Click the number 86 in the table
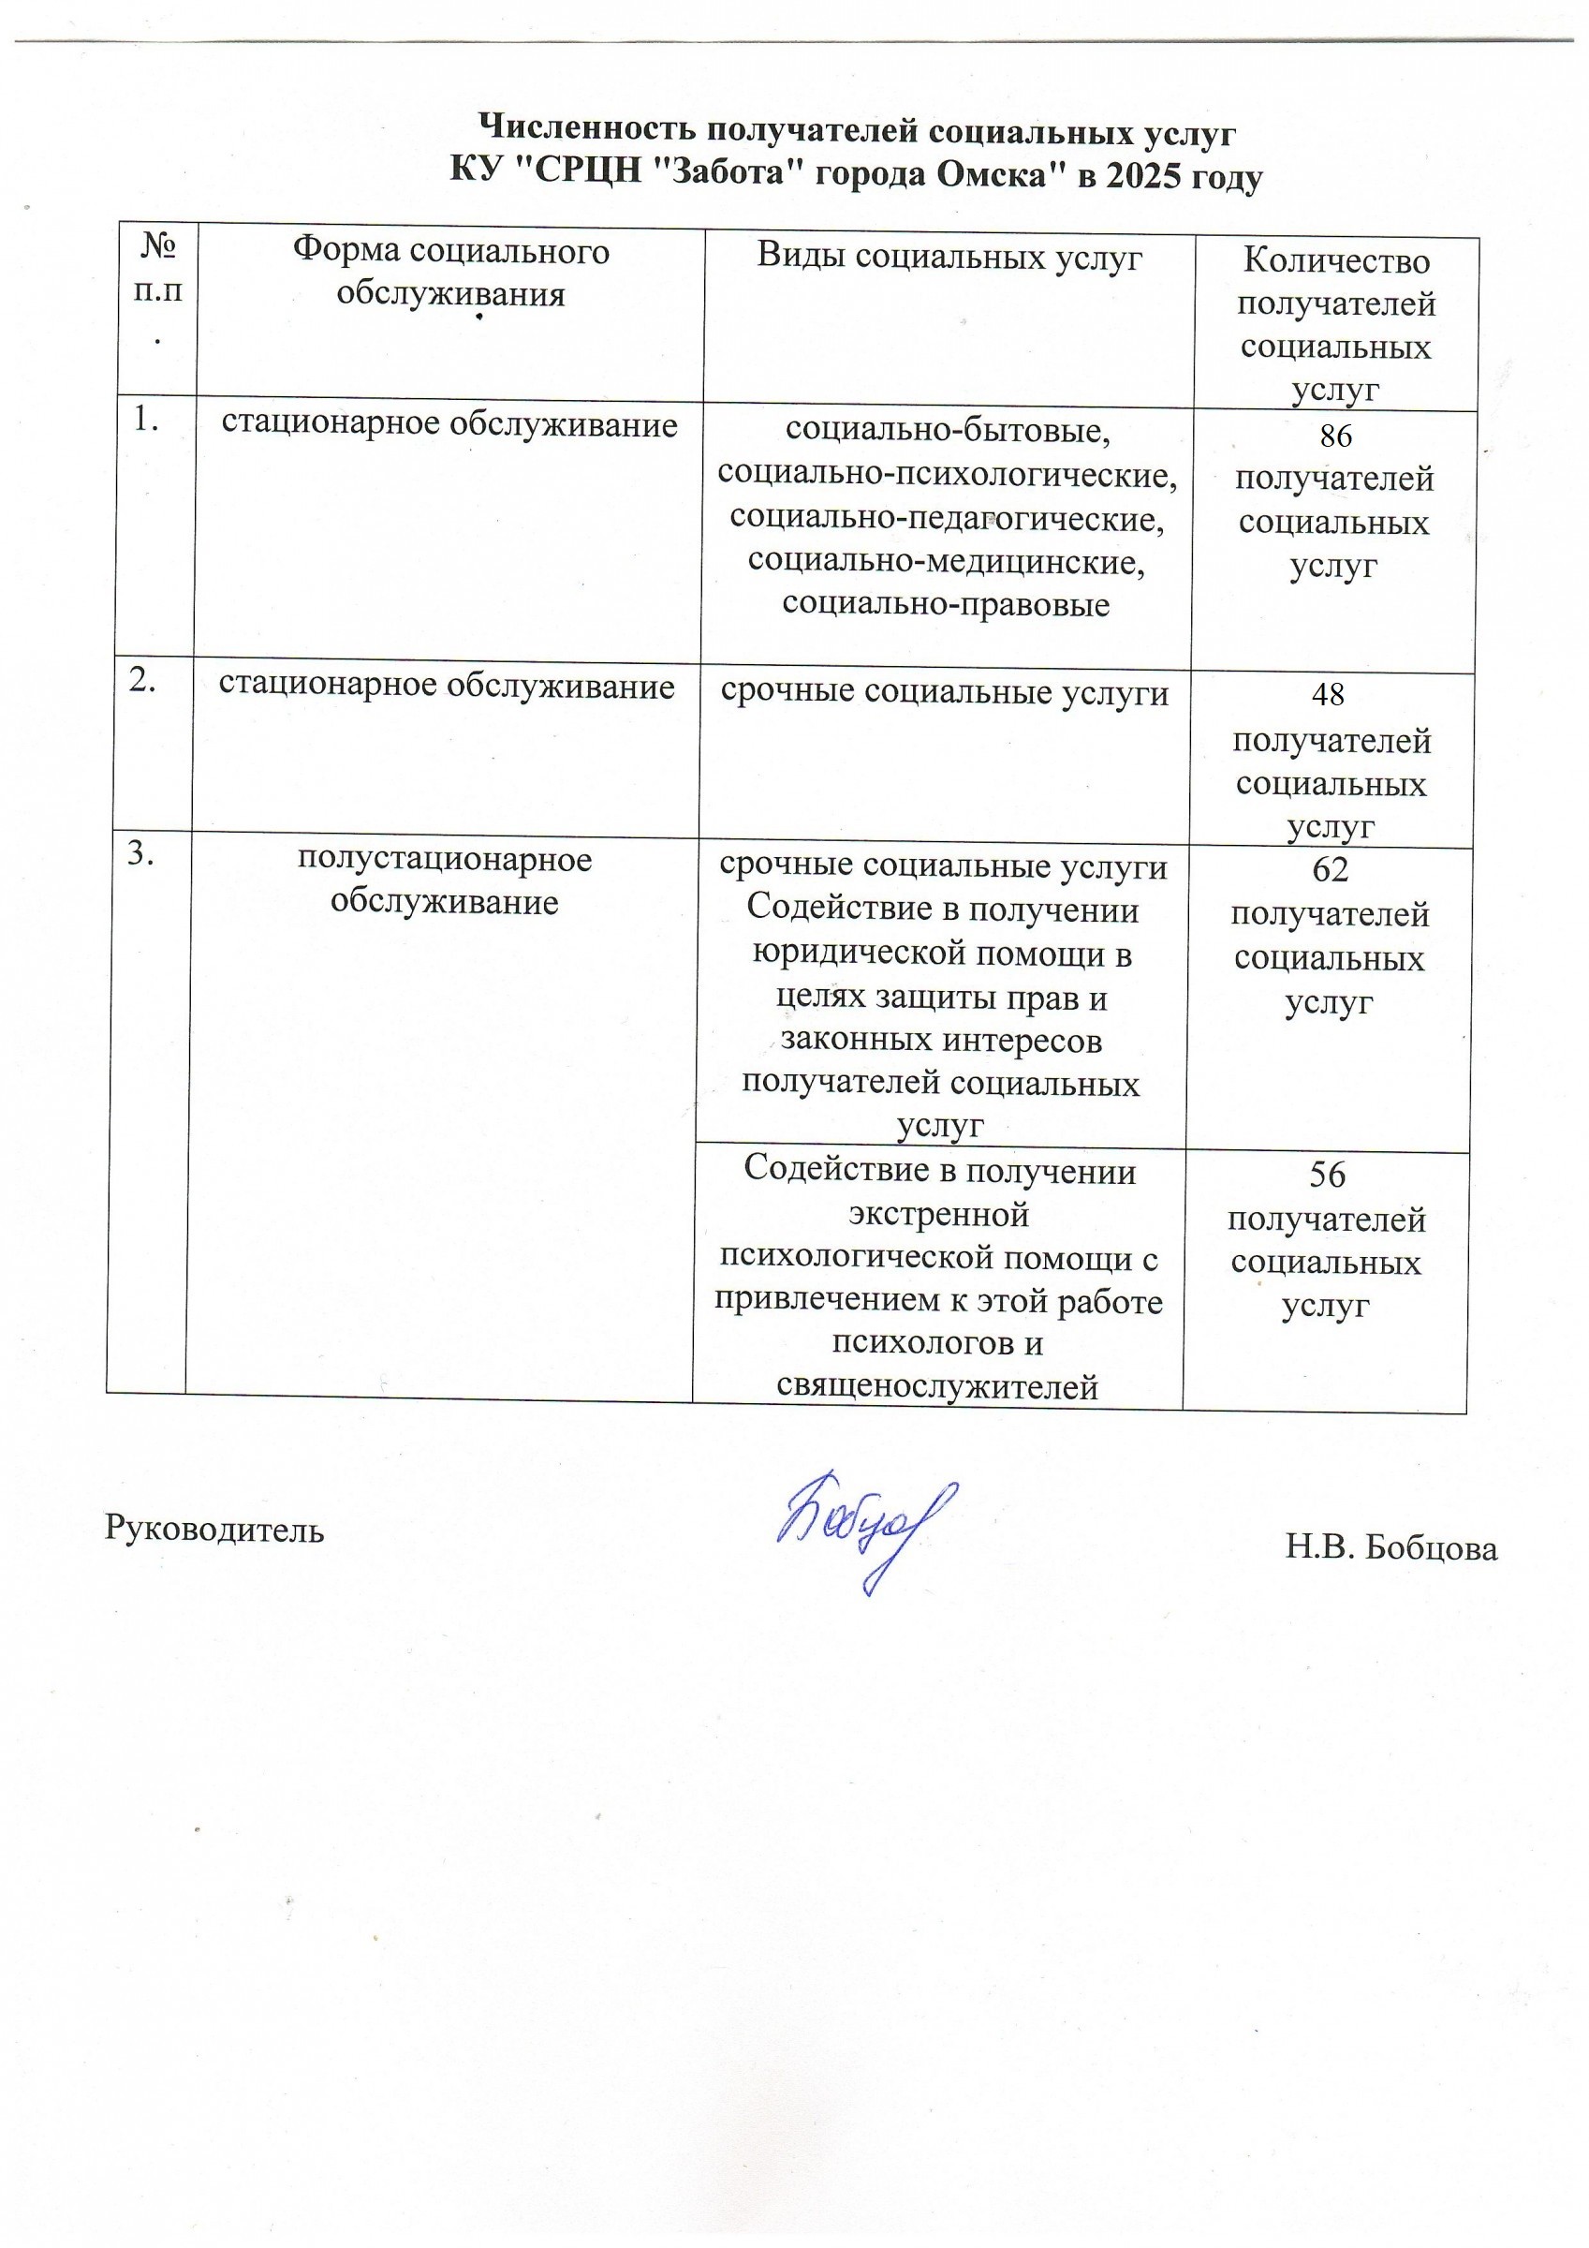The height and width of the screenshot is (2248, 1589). [x=1335, y=436]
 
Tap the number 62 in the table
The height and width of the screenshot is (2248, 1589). [x=1330, y=868]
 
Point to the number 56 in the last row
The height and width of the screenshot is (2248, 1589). [x=1327, y=1174]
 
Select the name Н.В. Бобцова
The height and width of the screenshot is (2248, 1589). [x=1391, y=1548]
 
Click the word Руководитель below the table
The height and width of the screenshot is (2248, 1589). [x=214, y=1529]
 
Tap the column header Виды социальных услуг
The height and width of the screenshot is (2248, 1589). [x=949, y=258]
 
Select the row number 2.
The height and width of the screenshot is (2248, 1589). [x=143, y=682]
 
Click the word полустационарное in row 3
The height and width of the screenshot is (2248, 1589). [x=445, y=860]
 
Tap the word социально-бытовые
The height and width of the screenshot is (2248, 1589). [x=947, y=431]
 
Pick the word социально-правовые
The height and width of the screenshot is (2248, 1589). [x=946, y=604]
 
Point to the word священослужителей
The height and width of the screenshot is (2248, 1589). [x=937, y=1386]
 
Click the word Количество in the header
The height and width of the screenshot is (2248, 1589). [x=1335, y=261]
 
